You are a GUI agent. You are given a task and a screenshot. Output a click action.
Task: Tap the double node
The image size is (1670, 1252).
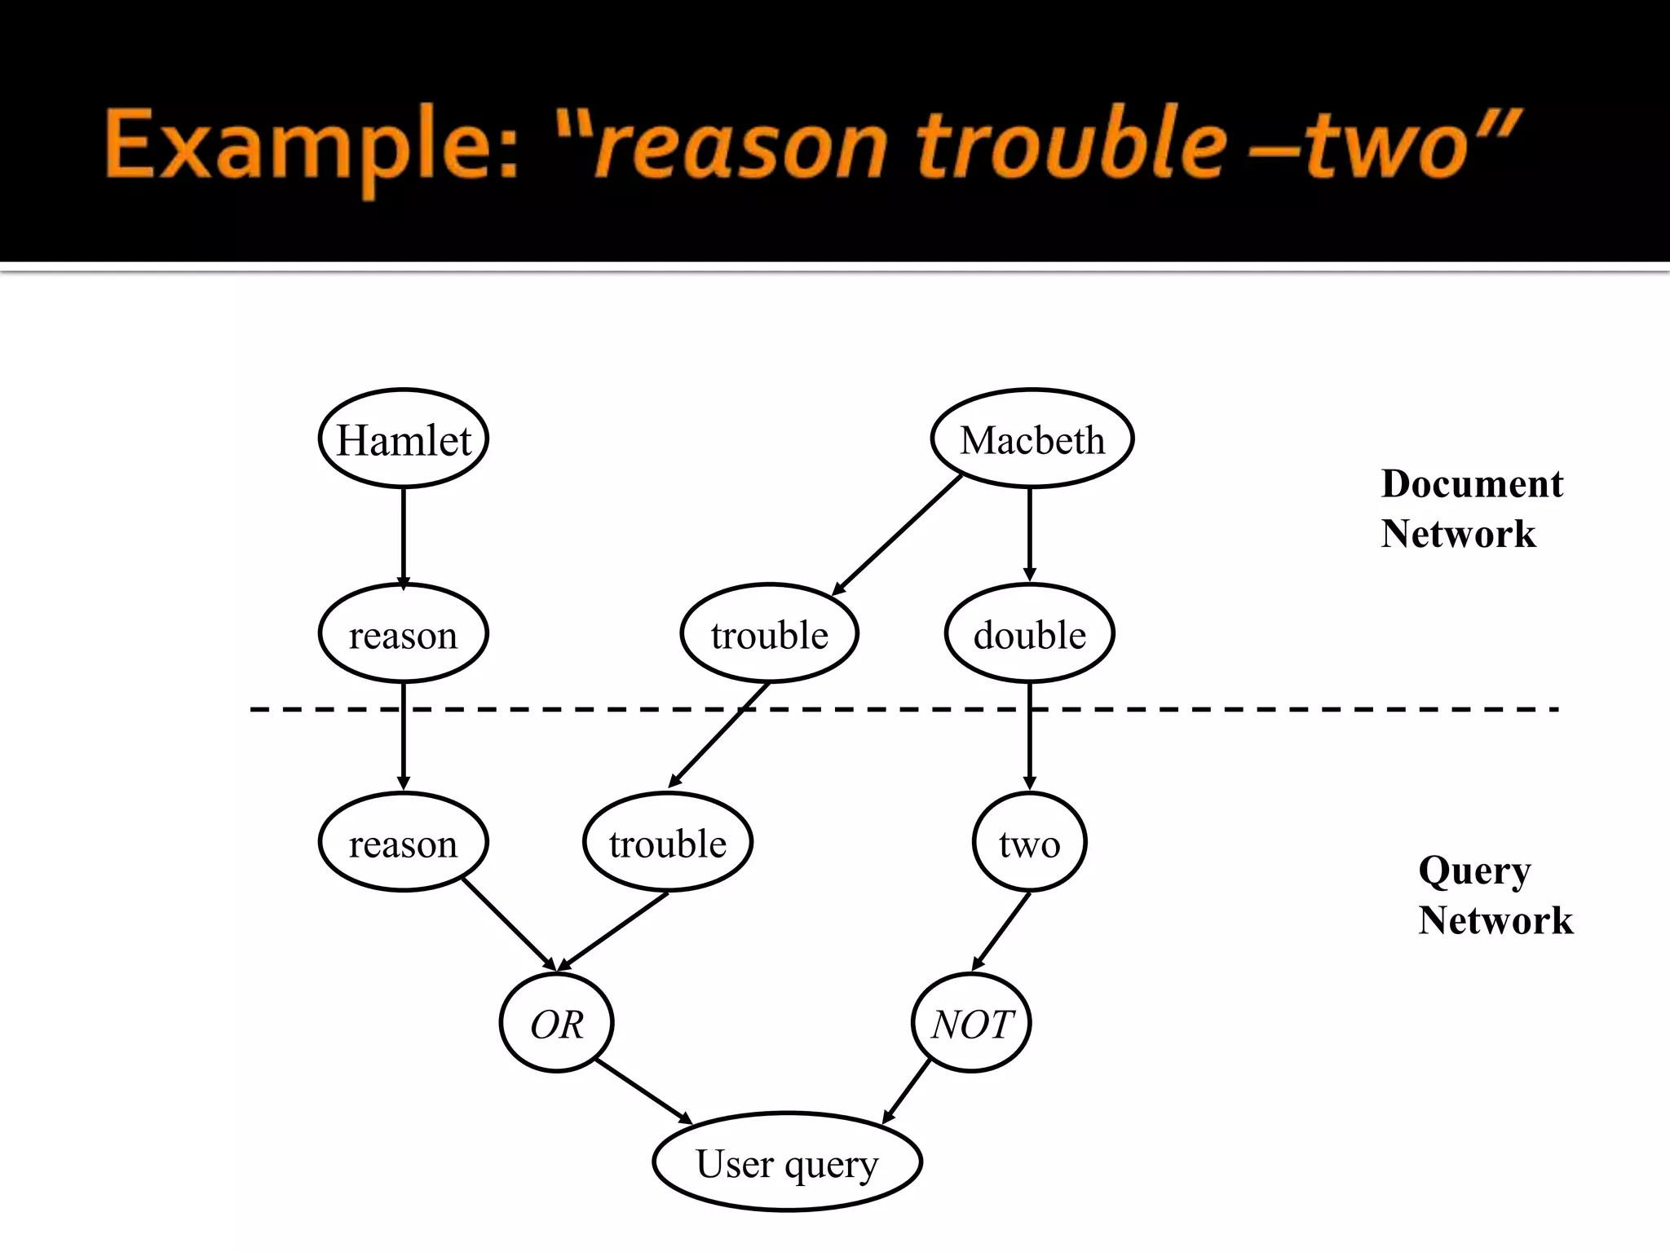(x=1029, y=633)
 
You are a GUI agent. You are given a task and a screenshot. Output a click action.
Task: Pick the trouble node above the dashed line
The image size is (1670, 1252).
(x=769, y=633)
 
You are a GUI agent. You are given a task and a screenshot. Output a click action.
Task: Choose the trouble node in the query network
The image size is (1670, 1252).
(x=667, y=842)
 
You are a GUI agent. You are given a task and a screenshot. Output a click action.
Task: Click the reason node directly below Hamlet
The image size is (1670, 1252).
(x=403, y=633)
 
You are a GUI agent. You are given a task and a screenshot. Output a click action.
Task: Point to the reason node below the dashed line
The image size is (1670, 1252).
(x=403, y=842)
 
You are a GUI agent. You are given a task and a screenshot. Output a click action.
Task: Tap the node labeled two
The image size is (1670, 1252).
(x=1029, y=842)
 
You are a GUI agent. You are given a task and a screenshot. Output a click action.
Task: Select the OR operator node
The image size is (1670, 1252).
(x=556, y=1023)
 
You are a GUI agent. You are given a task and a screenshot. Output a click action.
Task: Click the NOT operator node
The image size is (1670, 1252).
(x=971, y=1023)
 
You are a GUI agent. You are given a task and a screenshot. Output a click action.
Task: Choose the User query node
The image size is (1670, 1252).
(x=787, y=1162)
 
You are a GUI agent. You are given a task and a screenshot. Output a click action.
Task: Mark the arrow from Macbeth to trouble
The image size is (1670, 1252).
(x=897, y=535)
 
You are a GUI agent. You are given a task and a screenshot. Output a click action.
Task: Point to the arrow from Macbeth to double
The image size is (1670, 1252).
(x=1029, y=534)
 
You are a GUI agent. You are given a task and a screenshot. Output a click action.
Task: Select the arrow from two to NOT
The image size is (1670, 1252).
(x=1001, y=931)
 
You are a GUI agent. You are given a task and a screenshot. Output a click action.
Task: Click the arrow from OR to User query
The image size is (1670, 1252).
(x=643, y=1091)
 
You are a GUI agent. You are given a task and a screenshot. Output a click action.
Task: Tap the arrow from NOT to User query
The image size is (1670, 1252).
(x=907, y=1091)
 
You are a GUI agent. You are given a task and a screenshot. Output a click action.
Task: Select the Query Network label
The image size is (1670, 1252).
(x=1494, y=895)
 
